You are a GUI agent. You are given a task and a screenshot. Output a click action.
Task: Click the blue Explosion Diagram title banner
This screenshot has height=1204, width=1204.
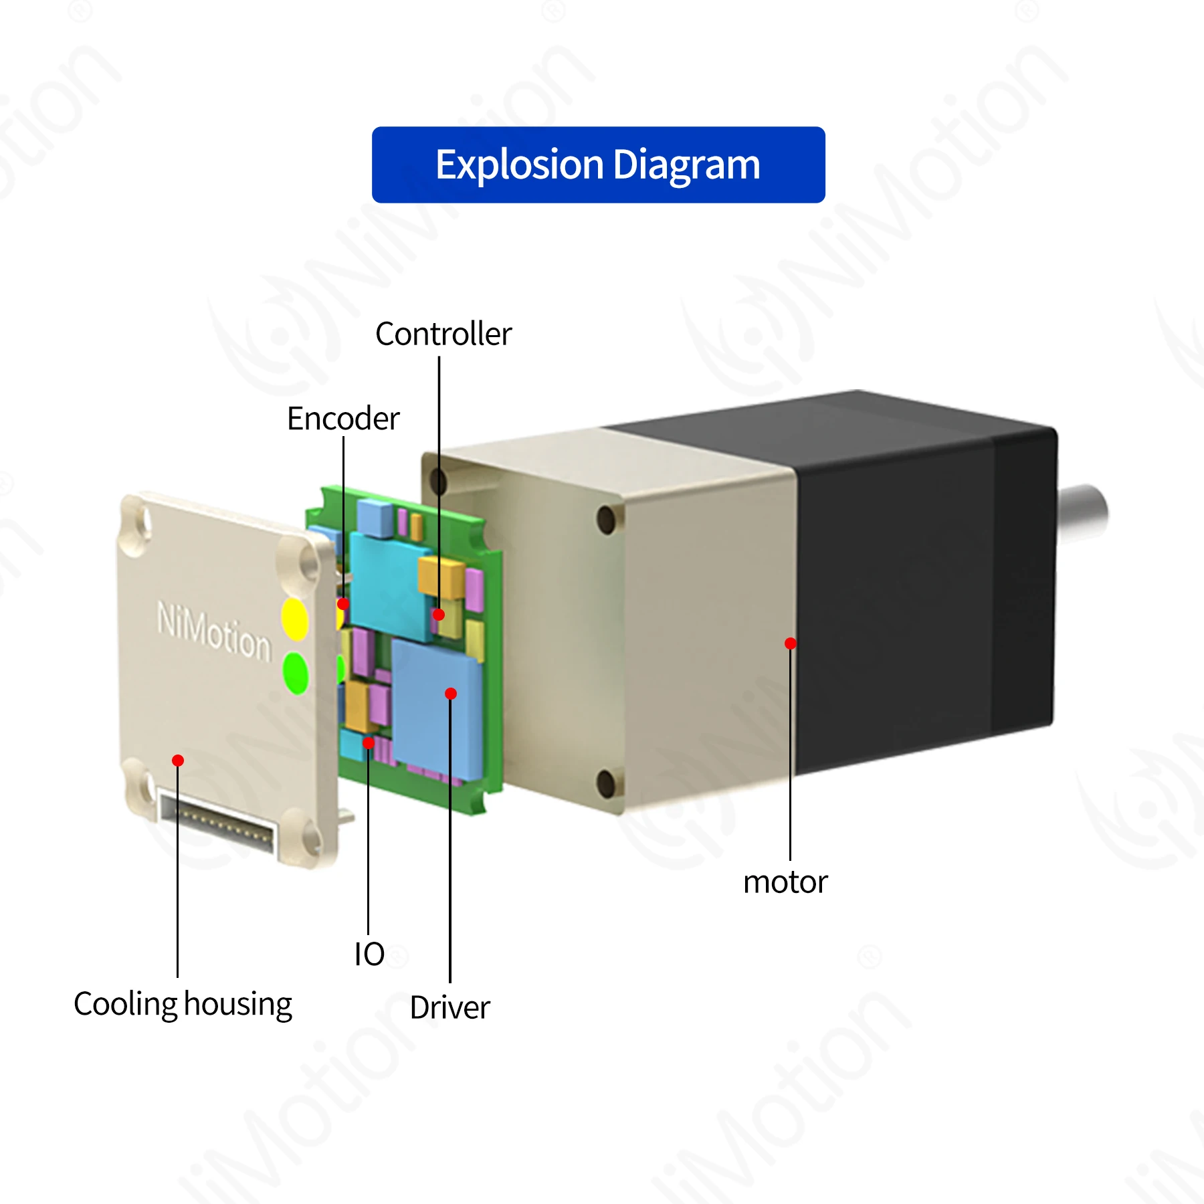pyautogui.click(x=598, y=165)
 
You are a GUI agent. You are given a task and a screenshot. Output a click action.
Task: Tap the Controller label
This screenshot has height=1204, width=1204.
pyautogui.click(x=443, y=334)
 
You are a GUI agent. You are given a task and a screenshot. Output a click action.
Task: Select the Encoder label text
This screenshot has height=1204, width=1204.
pyautogui.click(x=343, y=419)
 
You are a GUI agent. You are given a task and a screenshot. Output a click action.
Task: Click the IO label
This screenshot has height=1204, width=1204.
pyautogui.click(x=369, y=954)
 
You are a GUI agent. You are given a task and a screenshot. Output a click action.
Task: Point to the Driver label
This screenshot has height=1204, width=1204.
pyautogui.click(x=450, y=1007)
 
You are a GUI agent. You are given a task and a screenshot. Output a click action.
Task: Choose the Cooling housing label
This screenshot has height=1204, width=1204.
pyautogui.click(x=183, y=1004)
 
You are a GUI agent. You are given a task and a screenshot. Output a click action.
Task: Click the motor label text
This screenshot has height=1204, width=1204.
pyautogui.click(x=785, y=882)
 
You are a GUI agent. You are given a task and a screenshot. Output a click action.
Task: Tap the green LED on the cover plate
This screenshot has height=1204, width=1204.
pyautogui.click(x=295, y=672)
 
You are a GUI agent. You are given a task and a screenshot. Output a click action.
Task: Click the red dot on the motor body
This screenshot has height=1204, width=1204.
pyautogui.click(x=791, y=643)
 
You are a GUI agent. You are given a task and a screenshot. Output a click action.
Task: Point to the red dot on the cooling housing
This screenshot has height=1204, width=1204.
pyautogui.click(x=178, y=761)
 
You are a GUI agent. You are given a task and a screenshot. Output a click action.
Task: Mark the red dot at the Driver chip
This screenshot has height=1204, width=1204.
pyautogui.click(x=451, y=694)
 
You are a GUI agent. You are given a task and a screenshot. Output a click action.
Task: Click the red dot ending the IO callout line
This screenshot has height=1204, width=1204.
pyautogui.click(x=369, y=742)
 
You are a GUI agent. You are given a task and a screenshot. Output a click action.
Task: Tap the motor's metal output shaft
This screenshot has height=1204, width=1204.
pyautogui.click(x=1082, y=512)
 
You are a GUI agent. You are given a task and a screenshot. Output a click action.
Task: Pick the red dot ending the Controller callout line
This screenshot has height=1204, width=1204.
pyautogui.click(x=439, y=614)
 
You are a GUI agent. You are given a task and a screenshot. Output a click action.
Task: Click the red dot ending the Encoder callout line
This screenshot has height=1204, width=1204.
pyautogui.click(x=343, y=604)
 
